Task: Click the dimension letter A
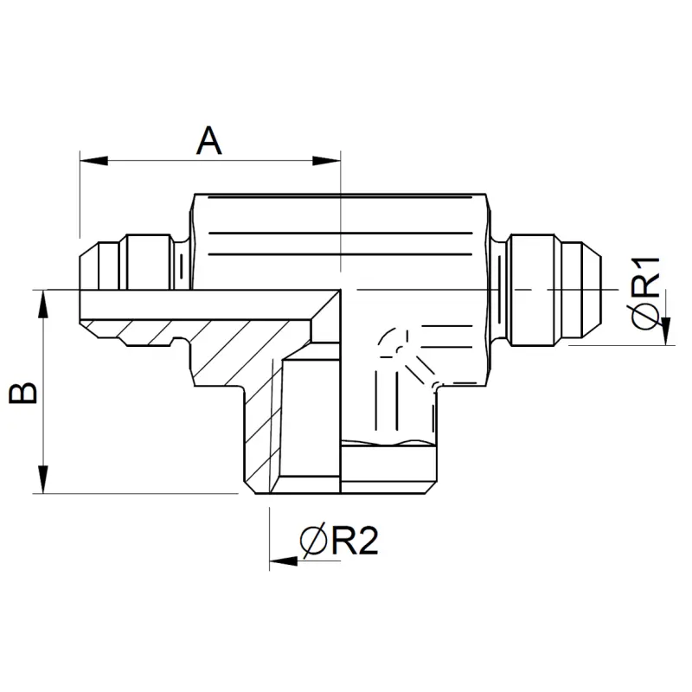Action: pos(208,141)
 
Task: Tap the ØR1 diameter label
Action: pos(645,292)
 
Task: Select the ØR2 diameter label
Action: pos(339,541)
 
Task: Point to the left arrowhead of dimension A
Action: pos(93,161)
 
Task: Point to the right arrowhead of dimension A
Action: pos(327,161)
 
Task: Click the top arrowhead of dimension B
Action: pos(42,304)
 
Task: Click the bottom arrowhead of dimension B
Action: pos(42,479)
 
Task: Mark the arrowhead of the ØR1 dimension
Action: pos(666,331)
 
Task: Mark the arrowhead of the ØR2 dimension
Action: pos(284,561)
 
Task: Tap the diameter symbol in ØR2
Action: pos(314,541)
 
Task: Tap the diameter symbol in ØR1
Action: pos(645,316)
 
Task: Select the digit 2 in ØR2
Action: pos(368,541)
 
